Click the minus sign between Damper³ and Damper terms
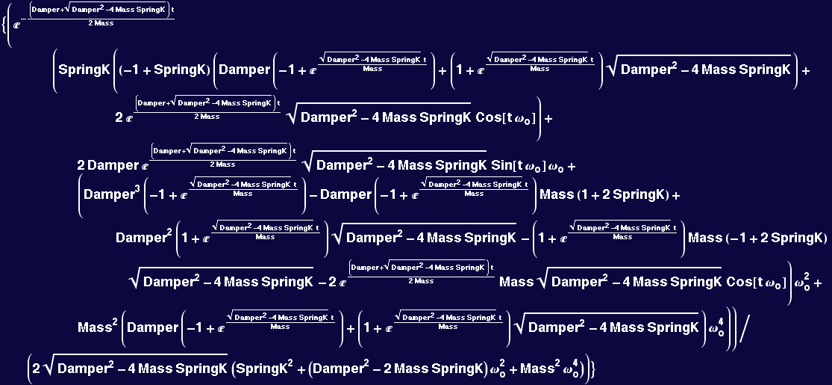pyautogui.click(x=313, y=195)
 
